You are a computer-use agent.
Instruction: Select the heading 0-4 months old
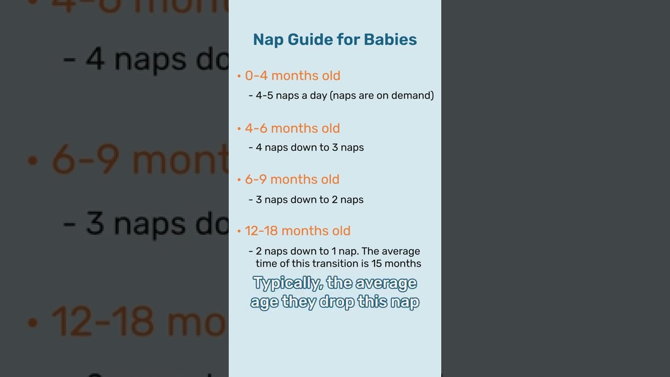(x=293, y=75)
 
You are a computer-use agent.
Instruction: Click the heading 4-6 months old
(x=292, y=128)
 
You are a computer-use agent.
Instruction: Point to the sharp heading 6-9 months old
(x=292, y=179)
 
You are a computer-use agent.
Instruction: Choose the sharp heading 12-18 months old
(x=297, y=230)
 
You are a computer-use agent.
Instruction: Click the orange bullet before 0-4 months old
(x=239, y=76)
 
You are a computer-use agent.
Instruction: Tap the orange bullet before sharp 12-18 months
(x=239, y=231)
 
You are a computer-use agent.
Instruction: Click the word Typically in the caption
(x=287, y=283)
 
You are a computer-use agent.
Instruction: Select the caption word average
(x=386, y=283)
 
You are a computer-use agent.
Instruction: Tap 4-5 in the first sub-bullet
(x=264, y=95)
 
